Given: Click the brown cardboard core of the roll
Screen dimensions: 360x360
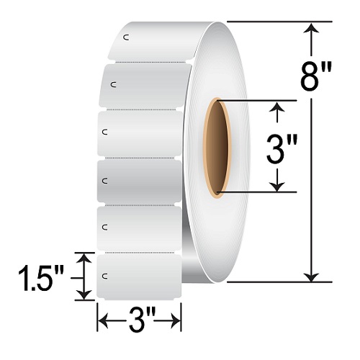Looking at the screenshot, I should (x=217, y=147).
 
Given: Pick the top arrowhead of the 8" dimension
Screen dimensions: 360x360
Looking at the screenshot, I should (x=312, y=29).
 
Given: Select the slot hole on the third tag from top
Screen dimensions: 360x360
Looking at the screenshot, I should (x=106, y=132).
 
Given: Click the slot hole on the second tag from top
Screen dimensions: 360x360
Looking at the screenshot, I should (x=112, y=85).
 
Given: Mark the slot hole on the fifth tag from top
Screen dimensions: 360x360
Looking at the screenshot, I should (x=106, y=228).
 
